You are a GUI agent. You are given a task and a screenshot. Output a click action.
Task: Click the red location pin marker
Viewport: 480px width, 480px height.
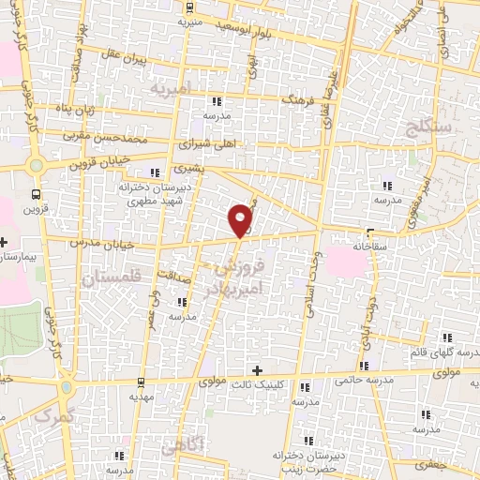pyautogui.click(x=241, y=220)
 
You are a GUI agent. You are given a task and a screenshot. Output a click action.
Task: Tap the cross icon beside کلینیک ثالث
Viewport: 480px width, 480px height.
pyautogui.click(x=258, y=370)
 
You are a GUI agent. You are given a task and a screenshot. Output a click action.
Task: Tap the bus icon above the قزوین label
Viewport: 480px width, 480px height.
pyautogui.click(x=36, y=195)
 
